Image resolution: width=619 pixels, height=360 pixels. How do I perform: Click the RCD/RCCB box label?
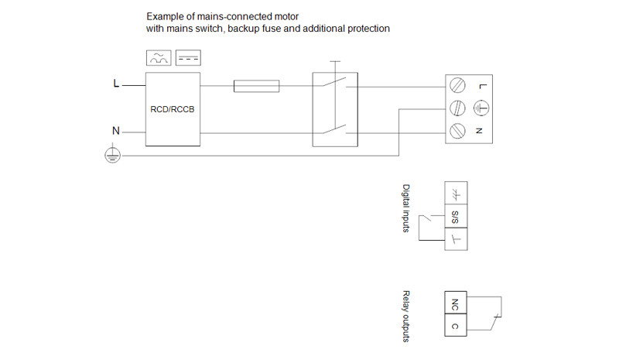tap(172, 109)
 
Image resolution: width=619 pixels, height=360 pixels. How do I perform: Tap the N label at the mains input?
tap(116, 131)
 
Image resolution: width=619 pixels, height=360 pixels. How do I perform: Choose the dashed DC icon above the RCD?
tap(187, 58)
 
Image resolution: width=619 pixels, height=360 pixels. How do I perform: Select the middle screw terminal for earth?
tap(457, 108)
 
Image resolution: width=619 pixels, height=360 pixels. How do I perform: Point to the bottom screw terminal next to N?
tap(457, 129)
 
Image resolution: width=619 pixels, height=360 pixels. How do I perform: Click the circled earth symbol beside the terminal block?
tap(481, 108)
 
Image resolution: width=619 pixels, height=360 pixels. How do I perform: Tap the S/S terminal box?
tap(455, 216)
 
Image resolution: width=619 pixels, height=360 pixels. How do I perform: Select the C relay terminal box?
tap(454, 326)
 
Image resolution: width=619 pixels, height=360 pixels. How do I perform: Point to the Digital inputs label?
tap(407, 209)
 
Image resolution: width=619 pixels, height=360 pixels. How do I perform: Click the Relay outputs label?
tap(407, 316)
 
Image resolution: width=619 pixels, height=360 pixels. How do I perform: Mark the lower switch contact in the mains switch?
tap(335, 128)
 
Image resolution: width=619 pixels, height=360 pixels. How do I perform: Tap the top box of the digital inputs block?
tap(455, 194)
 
